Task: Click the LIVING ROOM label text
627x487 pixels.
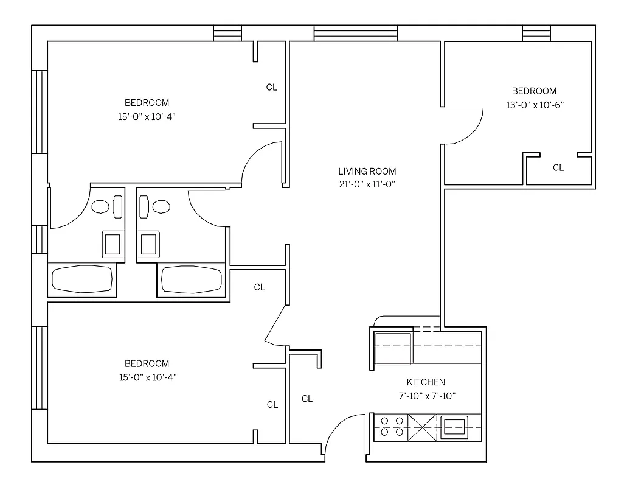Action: [x=367, y=172]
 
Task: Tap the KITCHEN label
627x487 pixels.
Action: [x=426, y=382]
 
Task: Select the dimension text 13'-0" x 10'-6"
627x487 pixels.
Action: [x=535, y=105]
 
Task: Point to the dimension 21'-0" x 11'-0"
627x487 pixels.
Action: [x=367, y=185]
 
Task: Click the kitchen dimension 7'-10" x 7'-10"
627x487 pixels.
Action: [x=426, y=396]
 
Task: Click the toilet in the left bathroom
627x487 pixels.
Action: [x=107, y=206]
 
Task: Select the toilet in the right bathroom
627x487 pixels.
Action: [x=154, y=206]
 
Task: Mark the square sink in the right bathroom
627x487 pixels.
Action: [x=149, y=244]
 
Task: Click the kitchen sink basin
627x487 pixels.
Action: [x=454, y=426]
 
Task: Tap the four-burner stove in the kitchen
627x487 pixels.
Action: [x=390, y=426]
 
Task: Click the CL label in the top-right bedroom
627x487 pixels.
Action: [x=558, y=168]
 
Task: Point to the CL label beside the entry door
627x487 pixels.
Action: [x=307, y=399]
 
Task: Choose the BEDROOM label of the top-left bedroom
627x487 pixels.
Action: [x=147, y=103]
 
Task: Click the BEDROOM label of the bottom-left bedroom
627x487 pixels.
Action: [x=147, y=363]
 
